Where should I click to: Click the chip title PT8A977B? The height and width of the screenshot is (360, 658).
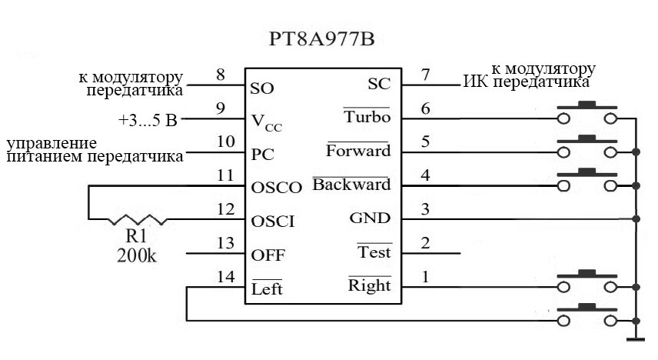(x=321, y=39)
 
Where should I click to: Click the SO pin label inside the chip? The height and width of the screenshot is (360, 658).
(x=262, y=88)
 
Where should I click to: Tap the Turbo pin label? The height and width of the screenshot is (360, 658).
(x=367, y=116)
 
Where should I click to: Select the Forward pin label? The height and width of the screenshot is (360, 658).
(x=358, y=151)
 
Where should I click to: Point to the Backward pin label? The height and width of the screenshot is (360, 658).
(x=351, y=185)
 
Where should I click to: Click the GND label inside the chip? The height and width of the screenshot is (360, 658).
(x=370, y=218)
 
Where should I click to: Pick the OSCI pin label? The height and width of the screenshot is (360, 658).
(x=273, y=222)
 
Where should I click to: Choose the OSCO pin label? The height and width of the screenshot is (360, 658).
(x=277, y=188)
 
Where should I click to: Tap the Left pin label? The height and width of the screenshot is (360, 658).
(x=267, y=288)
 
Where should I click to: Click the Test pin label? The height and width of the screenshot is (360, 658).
(x=374, y=252)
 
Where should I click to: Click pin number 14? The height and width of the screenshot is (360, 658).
(x=226, y=277)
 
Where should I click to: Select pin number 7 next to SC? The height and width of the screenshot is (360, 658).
(x=426, y=75)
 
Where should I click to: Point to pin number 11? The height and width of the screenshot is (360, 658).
(x=225, y=175)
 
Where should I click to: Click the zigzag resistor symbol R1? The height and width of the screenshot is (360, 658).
(x=138, y=220)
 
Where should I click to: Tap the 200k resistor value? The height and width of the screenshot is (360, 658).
(x=137, y=255)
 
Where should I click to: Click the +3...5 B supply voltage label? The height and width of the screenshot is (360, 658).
(x=148, y=121)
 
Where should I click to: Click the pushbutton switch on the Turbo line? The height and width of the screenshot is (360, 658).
(x=587, y=112)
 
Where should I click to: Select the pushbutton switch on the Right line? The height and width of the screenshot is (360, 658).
(x=587, y=282)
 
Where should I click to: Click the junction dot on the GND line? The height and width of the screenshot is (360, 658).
(x=636, y=219)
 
